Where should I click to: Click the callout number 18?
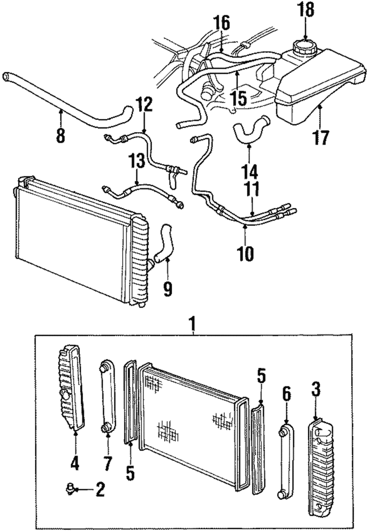pyautogui.click(x=306, y=10)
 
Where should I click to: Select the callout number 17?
pyautogui.click(x=320, y=137)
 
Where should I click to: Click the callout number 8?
pyautogui.click(x=61, y=136)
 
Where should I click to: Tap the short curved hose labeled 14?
pyautogui.click(x=249, y=132)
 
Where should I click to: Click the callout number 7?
pyautogui.click(x=107, y=464)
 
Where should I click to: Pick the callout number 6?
pyautogui.click(x=286, y=393)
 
